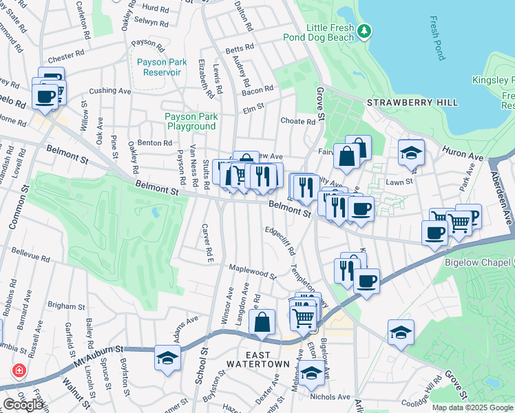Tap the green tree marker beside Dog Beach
click(x=364, y=31)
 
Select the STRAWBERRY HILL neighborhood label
click(x=412, y=103)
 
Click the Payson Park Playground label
click(x=191, y=121)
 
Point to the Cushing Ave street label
click(x=109, y=90)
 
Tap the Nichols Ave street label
click(x=330, y=397)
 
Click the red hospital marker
click(x=18, y=370)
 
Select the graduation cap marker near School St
click(x=167, y=358)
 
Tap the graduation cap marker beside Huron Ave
click(x=410, y=153)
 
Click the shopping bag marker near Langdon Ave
click(x=262, y=321)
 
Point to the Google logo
click(x=23, y=405)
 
